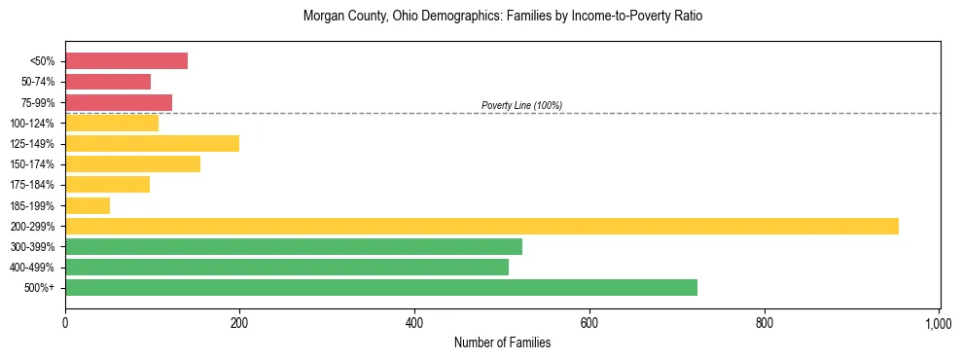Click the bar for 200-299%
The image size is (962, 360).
point(481,226)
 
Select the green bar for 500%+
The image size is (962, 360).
point(381,287)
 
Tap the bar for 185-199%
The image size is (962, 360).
point(88,205)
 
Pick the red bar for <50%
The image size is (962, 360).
point(126,61)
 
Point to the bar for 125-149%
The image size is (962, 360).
point(152,144)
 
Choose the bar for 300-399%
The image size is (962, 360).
point(294,246)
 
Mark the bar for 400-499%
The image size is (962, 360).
point(287,267)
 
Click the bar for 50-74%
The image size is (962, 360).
point(108,82)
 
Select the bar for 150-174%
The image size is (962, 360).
point(132,164)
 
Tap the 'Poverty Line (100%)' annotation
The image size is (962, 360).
point(521,105)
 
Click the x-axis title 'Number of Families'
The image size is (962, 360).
point(502,342)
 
